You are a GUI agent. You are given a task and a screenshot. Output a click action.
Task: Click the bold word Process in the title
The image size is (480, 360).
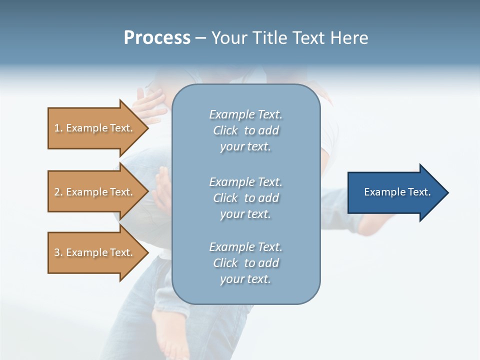point(157,38)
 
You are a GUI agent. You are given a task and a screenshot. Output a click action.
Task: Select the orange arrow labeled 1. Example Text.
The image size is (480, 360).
point(93,128)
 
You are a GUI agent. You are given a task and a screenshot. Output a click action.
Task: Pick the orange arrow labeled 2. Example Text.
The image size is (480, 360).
point(93,192)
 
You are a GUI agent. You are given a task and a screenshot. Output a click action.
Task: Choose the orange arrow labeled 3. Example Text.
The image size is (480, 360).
point(93,252)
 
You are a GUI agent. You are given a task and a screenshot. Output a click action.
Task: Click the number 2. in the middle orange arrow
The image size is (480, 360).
point(58,192)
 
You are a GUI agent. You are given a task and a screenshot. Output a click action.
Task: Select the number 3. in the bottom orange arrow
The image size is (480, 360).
point(58,252)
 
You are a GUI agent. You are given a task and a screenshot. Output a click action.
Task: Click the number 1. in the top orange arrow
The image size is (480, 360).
point(58,128)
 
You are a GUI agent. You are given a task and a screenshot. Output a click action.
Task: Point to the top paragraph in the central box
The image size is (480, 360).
point(245,130)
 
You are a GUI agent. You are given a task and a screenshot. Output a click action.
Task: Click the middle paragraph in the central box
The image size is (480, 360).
point(245,198)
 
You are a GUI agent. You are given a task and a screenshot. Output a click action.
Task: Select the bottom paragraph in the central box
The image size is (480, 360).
point(245,263)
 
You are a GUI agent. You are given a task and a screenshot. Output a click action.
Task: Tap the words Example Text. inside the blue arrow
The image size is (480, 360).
point(397,192)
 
